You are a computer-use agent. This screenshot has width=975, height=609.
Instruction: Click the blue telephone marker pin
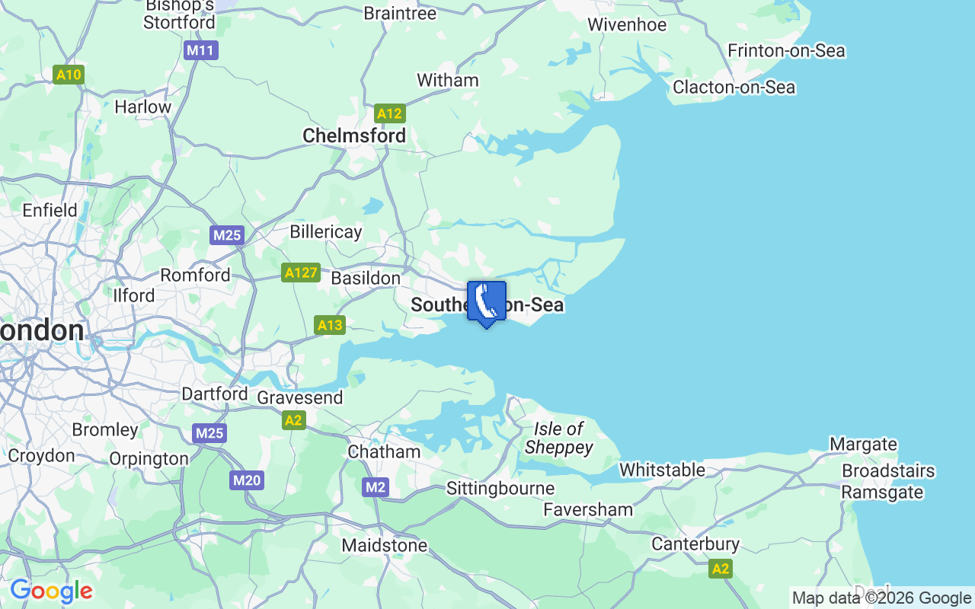click(486, 302)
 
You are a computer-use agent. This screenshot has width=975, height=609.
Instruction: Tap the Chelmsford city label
click(354, 136)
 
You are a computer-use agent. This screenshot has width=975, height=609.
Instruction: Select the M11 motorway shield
click(201, 51)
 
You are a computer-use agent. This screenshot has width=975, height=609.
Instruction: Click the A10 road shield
click(69, 75)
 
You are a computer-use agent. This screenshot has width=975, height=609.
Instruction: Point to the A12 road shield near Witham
click(389, 114)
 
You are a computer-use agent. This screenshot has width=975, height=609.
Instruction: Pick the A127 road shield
click(300, 273)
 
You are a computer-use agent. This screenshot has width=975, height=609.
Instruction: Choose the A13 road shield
click(329, 326)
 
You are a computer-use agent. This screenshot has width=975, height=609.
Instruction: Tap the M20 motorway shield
click(247, 480)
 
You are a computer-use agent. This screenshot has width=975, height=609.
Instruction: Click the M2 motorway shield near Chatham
click(376, 487)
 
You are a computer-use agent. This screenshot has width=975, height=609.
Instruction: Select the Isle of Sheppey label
click(558, 438)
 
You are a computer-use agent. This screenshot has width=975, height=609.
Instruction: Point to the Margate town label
click(863, 445)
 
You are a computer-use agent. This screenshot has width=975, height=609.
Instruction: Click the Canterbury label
click(695, 544)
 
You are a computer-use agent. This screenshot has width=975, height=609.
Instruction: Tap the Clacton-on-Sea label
click(734, 88)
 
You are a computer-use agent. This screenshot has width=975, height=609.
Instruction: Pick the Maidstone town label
click(385, 545)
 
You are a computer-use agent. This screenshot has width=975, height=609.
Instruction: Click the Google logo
click(51, 591)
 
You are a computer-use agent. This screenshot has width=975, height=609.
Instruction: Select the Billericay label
click(326, 231)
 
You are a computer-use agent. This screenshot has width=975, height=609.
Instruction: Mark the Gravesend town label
click(300, 397)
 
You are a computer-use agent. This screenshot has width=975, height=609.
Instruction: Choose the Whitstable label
click(662, 470)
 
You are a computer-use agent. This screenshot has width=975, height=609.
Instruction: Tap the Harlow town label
click(142, 107)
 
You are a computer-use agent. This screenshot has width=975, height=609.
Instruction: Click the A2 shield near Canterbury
click(720, 569)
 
